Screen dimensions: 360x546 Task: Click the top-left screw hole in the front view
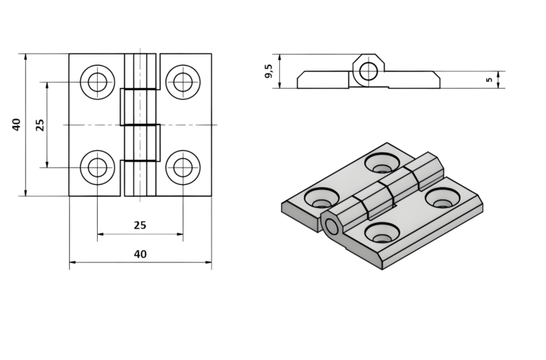coord(97,82)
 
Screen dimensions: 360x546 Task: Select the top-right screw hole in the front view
coord(183,82)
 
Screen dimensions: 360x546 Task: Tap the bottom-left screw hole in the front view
coord(97,167)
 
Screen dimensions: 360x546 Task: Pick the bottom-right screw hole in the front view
coord(183,167)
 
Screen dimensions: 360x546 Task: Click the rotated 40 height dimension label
coord(17,124)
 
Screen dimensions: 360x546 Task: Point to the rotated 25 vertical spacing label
coord(40,124)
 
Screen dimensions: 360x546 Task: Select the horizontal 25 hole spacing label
coord(140,225)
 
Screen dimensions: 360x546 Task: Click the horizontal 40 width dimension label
coord(140,255)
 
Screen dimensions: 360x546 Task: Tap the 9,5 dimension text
coord(268,71)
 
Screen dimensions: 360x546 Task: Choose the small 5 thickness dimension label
coord(489,79)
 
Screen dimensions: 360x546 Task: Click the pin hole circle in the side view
coord(369,71)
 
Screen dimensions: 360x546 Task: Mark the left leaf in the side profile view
coord(322,80)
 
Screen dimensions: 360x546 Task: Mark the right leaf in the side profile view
coord(413,80)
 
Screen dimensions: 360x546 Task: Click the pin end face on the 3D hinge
coord(331,225)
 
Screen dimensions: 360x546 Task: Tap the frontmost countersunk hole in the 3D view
coord(381,233)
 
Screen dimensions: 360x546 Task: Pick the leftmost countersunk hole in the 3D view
coord(322,199)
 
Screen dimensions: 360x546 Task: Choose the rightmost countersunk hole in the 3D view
coord(443,199)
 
